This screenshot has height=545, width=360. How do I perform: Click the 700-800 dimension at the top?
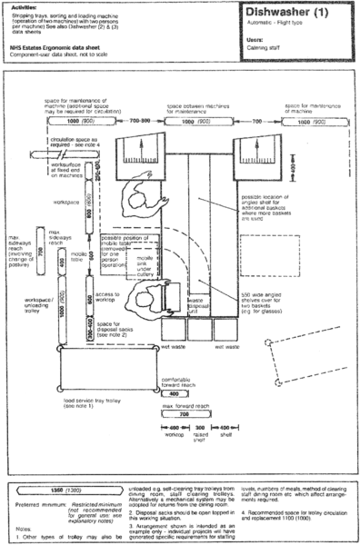[x=139, y=120]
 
